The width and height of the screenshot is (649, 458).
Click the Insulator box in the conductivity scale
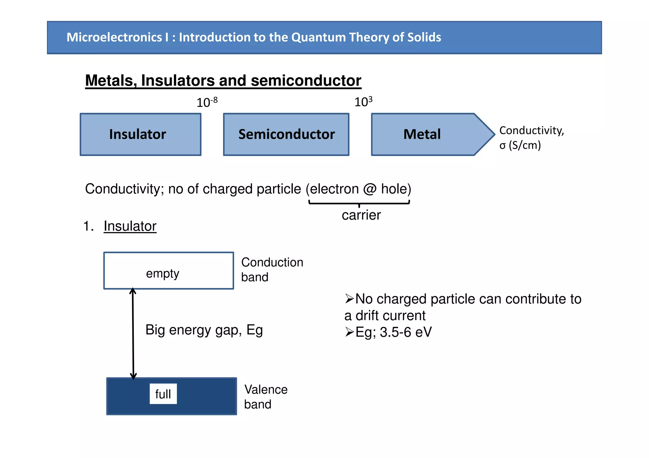140,134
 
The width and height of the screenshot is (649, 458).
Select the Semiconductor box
286,134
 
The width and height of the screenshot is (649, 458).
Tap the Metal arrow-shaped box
425,134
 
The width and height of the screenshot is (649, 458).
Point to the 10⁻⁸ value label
207,102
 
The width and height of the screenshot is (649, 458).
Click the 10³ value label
363,102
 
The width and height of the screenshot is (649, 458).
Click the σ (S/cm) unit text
520,145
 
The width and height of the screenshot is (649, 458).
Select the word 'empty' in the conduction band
163,273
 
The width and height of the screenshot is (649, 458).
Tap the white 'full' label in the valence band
163,394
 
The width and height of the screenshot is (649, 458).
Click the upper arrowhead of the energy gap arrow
133,291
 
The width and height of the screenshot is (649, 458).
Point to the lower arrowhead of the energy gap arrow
133,376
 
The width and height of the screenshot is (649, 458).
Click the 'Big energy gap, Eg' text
204,330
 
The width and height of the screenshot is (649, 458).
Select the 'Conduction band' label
272,269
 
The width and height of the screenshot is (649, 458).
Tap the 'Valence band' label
266,397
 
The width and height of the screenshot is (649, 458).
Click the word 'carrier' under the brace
361,215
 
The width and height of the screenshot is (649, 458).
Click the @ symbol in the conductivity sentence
369,189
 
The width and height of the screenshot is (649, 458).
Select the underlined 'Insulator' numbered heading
130,226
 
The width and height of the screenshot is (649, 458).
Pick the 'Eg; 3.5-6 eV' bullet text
393,332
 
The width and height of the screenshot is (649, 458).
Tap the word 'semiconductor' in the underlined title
306,80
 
